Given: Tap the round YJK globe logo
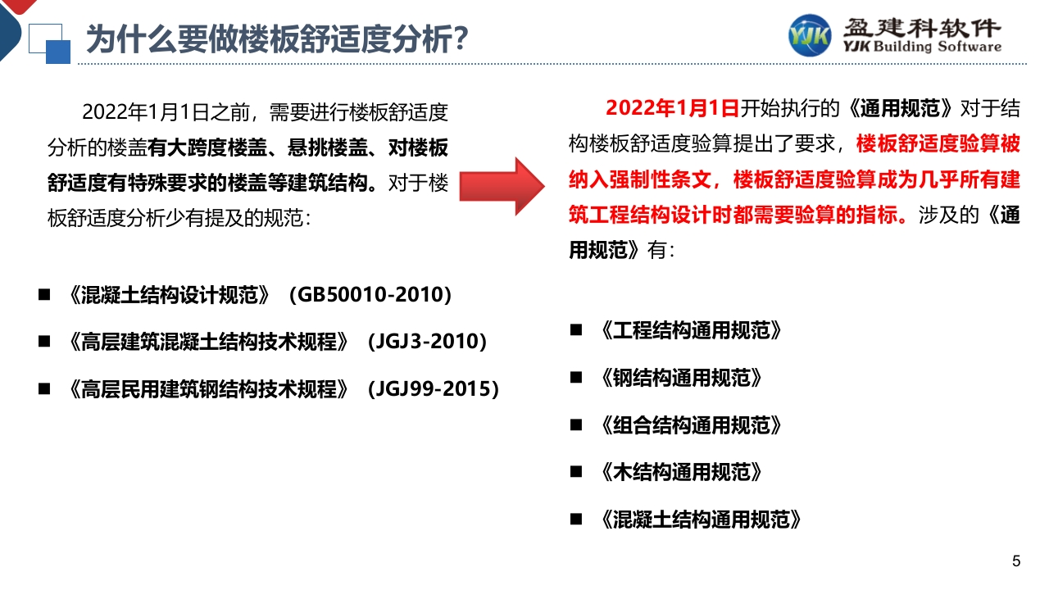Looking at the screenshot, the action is (809, 35).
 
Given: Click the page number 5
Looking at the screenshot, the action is (1015, 561).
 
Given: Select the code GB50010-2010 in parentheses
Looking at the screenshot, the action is (370, 294).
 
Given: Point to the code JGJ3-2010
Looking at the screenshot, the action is (427, 342).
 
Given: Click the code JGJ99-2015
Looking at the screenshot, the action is (434, 388).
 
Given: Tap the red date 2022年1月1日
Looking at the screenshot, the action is (672, 108).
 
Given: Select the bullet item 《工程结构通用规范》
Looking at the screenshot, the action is (691, 330).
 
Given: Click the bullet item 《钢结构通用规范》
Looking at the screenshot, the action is (681, 378).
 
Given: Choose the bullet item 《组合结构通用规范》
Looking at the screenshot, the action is (691, 425).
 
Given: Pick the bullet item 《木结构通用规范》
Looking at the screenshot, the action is (681, 472).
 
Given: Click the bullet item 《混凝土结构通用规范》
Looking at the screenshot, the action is (701, 520).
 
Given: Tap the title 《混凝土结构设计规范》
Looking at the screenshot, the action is (169, 295).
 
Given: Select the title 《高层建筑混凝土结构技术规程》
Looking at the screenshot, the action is (208, 342).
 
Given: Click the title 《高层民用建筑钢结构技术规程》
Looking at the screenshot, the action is (208, 389).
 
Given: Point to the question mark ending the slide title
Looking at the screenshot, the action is (461, 39).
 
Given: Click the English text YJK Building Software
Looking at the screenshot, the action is (922, 47).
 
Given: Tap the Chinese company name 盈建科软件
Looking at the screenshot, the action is (922, 27).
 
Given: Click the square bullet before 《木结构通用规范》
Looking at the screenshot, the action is (576, 471).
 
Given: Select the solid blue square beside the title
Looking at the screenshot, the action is (58, 52).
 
